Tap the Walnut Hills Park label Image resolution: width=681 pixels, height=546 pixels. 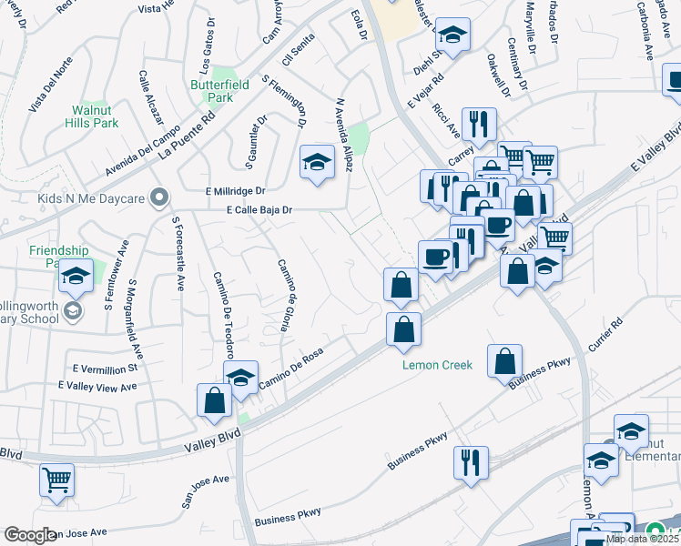tap(95, 116)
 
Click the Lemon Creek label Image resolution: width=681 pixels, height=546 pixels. tap(438, 365)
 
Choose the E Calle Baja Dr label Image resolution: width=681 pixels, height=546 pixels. tap(259, 209)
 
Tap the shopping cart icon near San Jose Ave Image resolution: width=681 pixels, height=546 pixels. tap(56, 478)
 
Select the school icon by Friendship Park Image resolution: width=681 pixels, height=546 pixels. tap(76, 274)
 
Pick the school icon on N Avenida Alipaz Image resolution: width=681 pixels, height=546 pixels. tap(317, 162)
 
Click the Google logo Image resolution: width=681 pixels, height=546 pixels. tap(30, 535)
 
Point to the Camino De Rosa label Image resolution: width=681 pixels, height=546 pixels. tap(291, 373)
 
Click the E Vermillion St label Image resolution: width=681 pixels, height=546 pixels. tap(106, 368)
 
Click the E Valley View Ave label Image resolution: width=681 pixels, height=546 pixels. tap(97, 387)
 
